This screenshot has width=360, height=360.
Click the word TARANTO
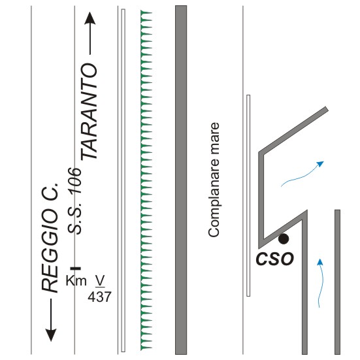pyautogui.click(x=89, y=112)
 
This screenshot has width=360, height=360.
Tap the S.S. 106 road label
pyautogui.click(x=74, y=201)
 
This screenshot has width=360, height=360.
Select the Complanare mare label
pyautogui.click(x=214, y=180)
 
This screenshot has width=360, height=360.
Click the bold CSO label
pyautogui.click(x=275, y=259)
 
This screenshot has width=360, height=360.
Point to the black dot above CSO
pyautogui.click(x=284, y=238)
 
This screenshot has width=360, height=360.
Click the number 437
pyautogui.click(x=99, y=297)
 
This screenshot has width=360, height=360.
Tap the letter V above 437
pyautogui.click(x=100, y=280)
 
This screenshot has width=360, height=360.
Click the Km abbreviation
pyautogui.click(x=76, y=280)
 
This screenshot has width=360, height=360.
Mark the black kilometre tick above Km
pyautogui.click(x=76, y=268)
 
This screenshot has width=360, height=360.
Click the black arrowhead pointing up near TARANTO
pyautogui.click(x=90, y=18)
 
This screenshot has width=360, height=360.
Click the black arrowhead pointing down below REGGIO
pyautogui.click(x=51, y=336)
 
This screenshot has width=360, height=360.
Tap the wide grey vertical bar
pyautogui.click(x=181, y=180)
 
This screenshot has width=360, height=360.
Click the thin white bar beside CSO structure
pyautogui.click(x=248, y=195)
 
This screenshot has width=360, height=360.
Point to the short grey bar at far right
pyautogui.click(x=337, y=282)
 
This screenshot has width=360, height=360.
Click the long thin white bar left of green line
pyautogui.click(x=123, y=180)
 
